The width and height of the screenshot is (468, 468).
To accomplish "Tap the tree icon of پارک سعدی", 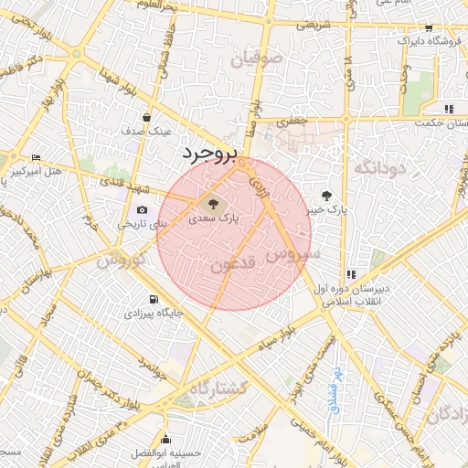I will pos(213,204).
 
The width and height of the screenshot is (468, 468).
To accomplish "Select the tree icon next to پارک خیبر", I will pos(326,195).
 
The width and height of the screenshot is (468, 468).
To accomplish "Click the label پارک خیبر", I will pos(326,210).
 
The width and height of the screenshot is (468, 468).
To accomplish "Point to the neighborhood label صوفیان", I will pos(259,59).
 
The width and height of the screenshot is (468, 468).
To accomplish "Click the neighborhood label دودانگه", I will pos(378,167).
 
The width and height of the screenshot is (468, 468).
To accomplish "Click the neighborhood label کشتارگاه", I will pos(219,388).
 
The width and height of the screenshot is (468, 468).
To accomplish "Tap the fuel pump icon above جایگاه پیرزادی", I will pos(153,298).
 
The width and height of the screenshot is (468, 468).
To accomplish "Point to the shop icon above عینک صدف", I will pos(147,117).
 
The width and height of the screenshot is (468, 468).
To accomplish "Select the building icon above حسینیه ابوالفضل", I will pos(165,439).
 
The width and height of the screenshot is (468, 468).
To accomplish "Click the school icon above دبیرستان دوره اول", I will pos(351,274).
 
